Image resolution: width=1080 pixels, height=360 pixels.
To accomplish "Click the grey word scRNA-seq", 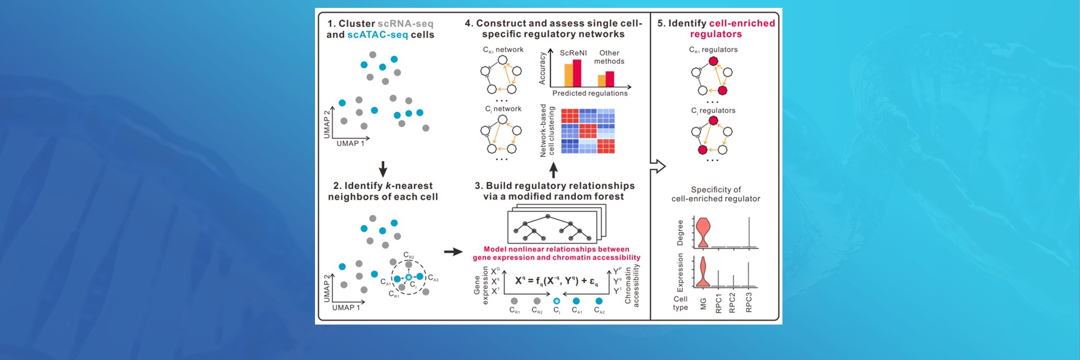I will click(405, 24).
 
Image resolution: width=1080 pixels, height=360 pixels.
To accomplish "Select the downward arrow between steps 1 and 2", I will click(383, 169).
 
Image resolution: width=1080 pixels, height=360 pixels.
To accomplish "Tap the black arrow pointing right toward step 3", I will click(453, 251).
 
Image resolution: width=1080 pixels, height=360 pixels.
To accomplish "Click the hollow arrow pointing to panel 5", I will click(658, 166).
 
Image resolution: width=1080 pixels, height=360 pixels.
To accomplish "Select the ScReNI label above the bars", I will click(573, 53).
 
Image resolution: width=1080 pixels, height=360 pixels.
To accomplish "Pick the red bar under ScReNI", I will click(577, 73).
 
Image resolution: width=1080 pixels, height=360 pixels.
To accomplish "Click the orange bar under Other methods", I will click(601, 80).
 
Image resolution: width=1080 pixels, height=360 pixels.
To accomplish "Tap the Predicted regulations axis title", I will click(589, 93).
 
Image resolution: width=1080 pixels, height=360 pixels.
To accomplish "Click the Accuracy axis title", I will click(542, 69).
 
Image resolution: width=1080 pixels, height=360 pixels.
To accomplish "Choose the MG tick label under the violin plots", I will click(703, 304).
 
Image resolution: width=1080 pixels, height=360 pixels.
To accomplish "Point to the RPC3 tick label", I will click(749, 303).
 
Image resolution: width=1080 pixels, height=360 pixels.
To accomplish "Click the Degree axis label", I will click(680, 233).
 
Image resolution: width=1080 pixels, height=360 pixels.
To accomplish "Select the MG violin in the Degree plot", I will click(703, 232).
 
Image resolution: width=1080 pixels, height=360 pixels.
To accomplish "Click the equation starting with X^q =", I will click(556, 281).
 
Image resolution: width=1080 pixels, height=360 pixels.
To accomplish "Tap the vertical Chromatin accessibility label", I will click(632, 285).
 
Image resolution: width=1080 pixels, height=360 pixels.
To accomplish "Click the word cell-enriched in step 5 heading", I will click(742, 24).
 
